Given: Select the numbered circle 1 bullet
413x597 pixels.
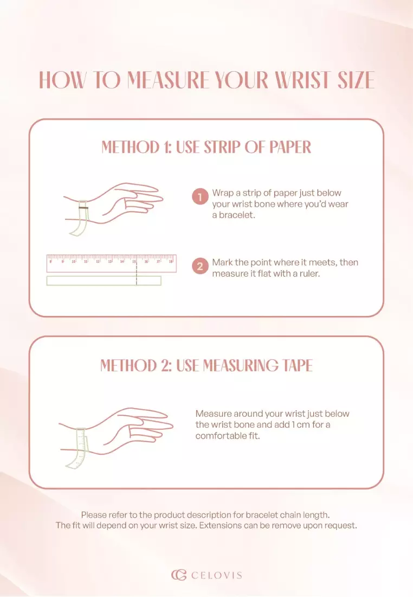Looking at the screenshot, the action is click(x=200, y=197).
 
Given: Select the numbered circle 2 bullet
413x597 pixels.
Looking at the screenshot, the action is click(x=200, y=266).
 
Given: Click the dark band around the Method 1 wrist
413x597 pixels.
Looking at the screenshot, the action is click(x=83, y=207).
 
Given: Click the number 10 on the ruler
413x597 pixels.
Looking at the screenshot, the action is click(x=74, y=262).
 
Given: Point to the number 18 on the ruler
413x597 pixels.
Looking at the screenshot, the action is click(x=171, y=262).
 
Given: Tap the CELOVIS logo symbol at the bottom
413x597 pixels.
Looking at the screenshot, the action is click(x=179, y=575).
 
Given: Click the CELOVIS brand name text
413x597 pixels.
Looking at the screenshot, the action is click(x=216, y=575).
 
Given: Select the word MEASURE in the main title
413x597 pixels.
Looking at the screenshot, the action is click(x=169, y=80).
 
